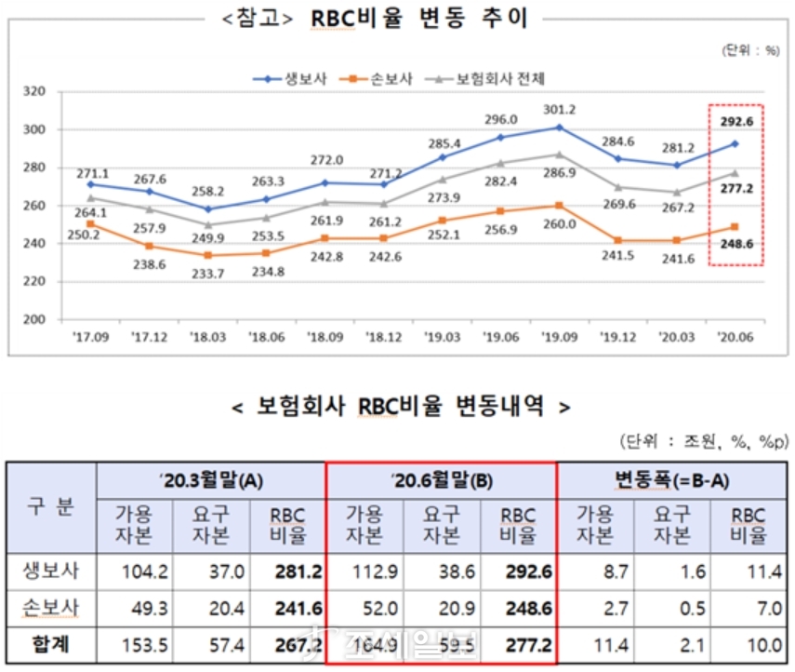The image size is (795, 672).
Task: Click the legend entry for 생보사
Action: [x=288, y=78]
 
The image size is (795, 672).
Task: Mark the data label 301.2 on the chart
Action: [x=559, y=109]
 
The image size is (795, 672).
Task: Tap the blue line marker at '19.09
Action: [x=559, y=127]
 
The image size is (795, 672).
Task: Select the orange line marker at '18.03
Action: [x=207, y=254]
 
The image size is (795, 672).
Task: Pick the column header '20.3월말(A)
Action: [x=211, y=480]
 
